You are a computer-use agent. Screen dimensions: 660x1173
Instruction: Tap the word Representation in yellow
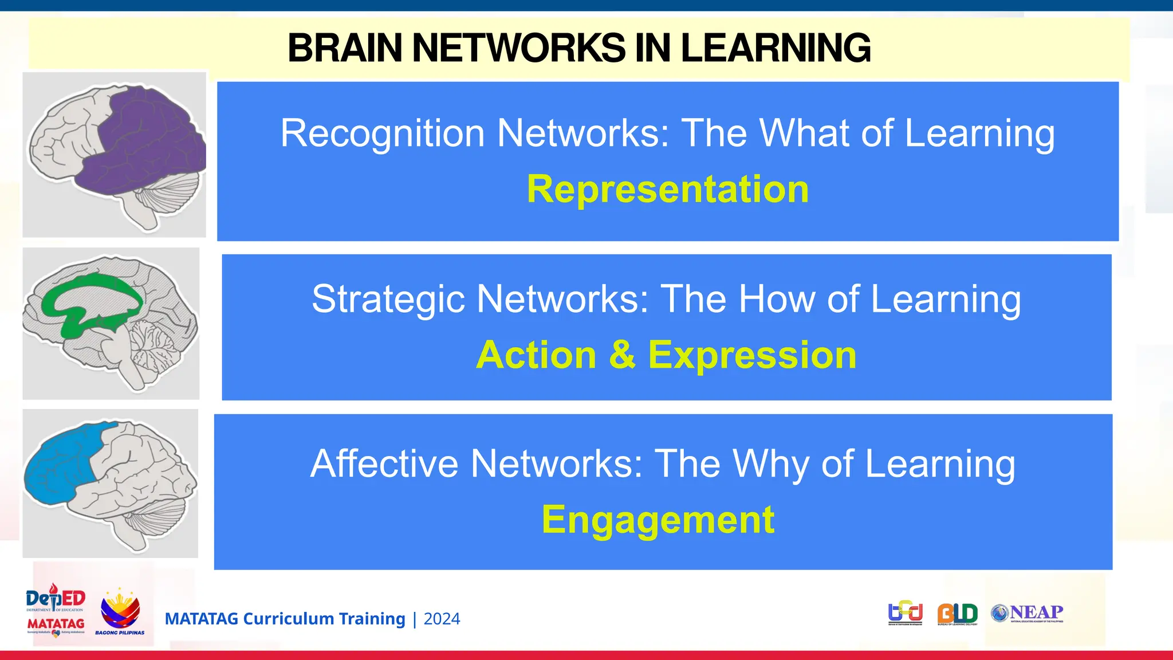(667, 189)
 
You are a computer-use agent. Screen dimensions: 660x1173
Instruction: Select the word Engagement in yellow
(658, 520)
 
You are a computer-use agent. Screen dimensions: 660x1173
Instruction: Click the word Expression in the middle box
(752, 355)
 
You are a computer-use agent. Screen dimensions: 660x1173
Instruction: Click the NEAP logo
(1028, 613)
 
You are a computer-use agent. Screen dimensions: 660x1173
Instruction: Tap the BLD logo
(957, 614)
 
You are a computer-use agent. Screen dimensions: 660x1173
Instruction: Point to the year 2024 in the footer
(442, 619)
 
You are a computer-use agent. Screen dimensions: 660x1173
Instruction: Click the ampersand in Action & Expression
(622, 355)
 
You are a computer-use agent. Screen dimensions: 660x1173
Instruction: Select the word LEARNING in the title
(776, 48)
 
